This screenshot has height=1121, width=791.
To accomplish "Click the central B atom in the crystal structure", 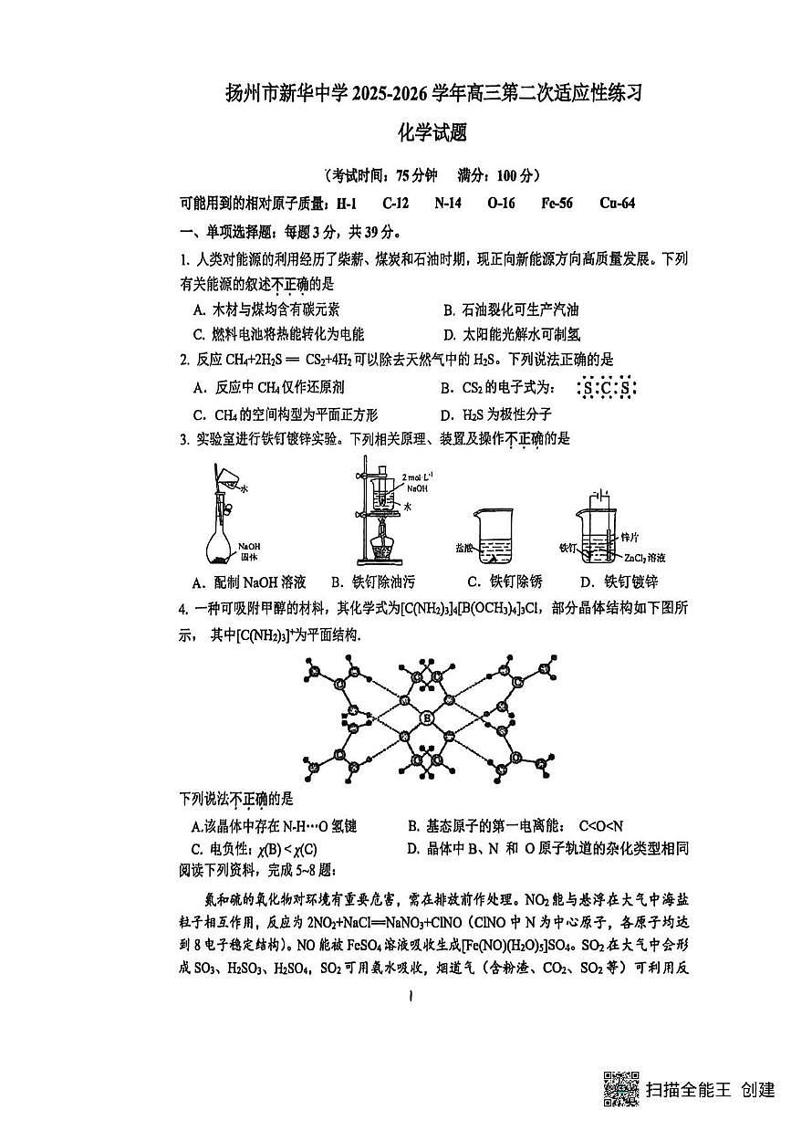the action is pos(427,718).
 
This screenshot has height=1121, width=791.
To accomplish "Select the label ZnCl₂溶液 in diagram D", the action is pos(645,557).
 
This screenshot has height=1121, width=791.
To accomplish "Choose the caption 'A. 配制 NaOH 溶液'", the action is pos(249,581).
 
